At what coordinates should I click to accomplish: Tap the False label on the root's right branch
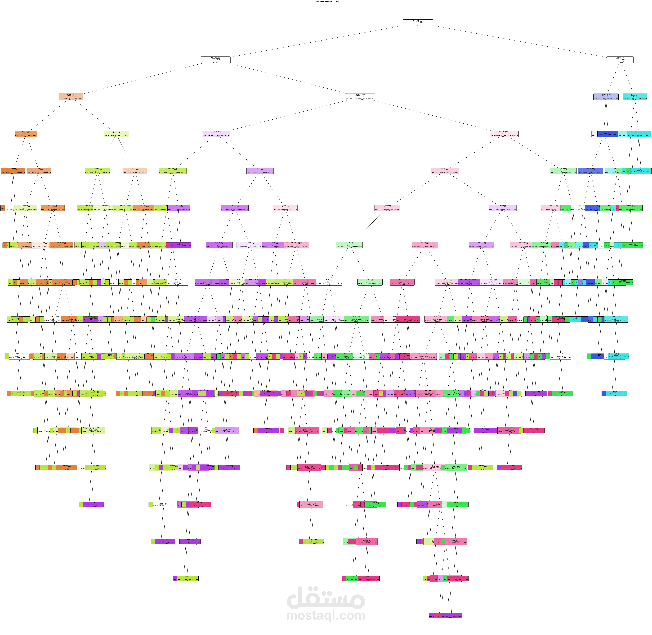pyautogui.click(x=521, y=41)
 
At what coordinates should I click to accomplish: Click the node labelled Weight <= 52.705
pyautogui.click(x=71, y=97)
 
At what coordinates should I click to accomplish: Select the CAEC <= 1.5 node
pyautogui.click(x=216, y=134)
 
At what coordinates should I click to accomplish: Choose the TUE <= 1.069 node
pyautogui.click(x=97, y=171)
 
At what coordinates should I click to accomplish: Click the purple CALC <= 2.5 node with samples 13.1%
pyautogui.click(x=260, y=171)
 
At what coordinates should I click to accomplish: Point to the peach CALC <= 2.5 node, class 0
pyautogui.click(x=135, y=171)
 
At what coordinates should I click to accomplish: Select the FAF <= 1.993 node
pyautogui.click(x=445, y=171)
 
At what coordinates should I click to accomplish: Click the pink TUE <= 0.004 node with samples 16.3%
pyautogui.click(x=387, y=208)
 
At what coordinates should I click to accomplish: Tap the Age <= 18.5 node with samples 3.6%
pyautogui.click(x=285, y=208)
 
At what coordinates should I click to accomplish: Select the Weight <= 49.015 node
pyautogui.click(x=53, y=208)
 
